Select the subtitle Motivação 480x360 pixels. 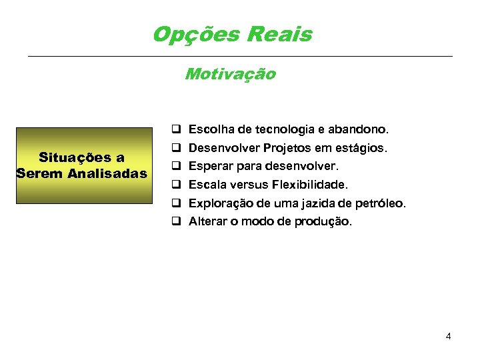pyautogui.click(x=230, y=74)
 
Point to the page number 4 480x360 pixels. pyautogui.click(x=449, y=336)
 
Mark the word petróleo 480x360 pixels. pyautogui.click(x=382, y=203)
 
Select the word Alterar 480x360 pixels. pyautogui.click(x=208, y=221)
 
